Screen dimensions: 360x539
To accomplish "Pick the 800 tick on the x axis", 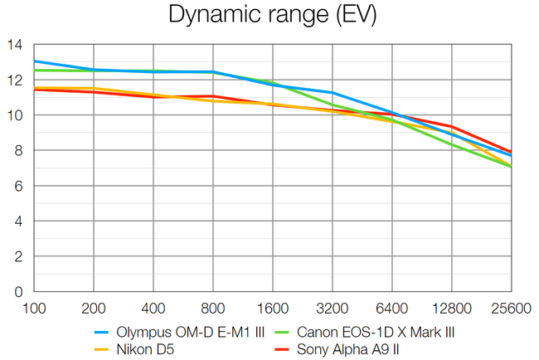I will click(x=212, y=309).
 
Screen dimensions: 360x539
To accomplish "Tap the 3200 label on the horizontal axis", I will click(x=332, y=309).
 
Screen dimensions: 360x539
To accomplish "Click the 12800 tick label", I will click(x=451, y=309).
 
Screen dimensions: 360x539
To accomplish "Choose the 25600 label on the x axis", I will click(x=511, y=309).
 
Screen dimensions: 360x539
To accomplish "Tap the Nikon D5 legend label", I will click(x=153, y=349).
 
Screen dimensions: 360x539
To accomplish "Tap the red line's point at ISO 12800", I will click(x=451, y=127).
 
